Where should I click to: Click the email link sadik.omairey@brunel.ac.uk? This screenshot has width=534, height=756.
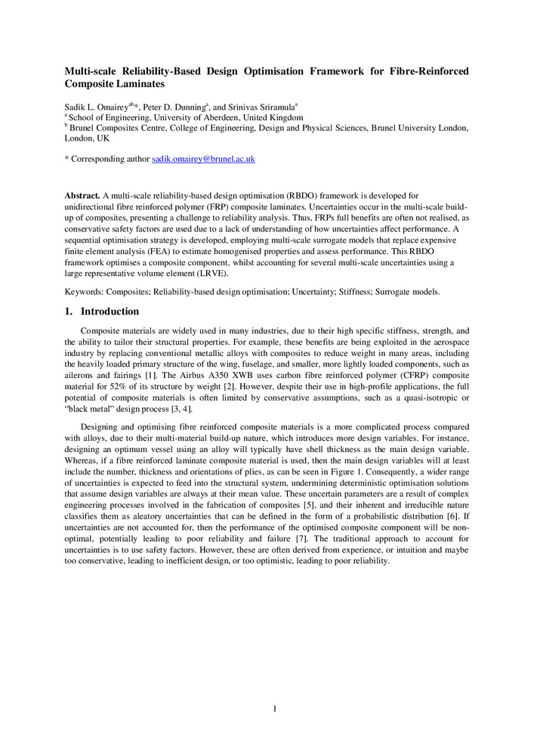pos(203,160)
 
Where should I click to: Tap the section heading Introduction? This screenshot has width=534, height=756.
pos(110,311)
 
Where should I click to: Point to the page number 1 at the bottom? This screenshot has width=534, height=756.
pos(275,708)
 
